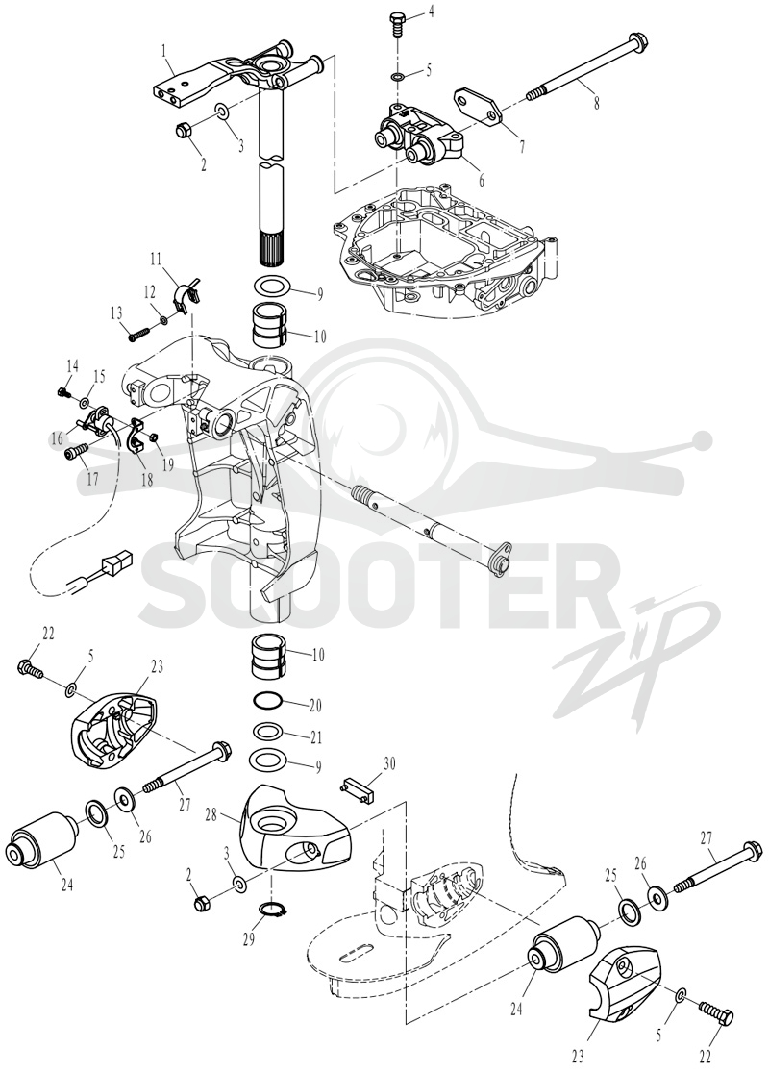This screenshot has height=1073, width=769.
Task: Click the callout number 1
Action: point(164,49)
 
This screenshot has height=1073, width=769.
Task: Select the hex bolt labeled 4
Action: point(398,26)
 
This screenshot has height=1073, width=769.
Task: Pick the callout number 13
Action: point(117,312)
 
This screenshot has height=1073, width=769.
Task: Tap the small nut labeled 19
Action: point(155,437)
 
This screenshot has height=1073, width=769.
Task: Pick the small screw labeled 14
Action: point(62,393)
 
